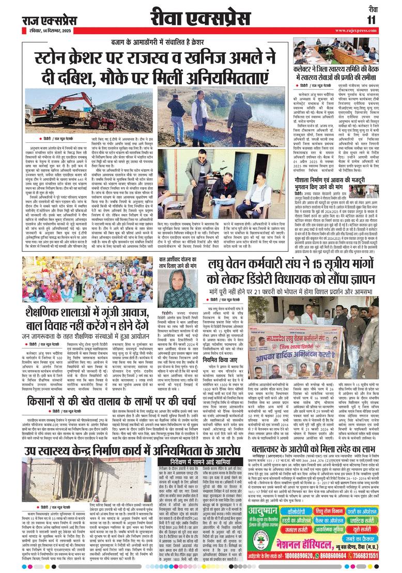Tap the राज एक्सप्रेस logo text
49,20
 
